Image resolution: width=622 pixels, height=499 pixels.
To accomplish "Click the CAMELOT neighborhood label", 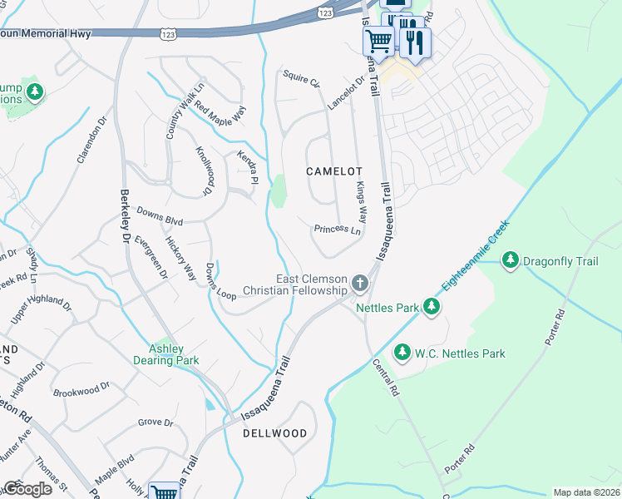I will [x=335, y=170].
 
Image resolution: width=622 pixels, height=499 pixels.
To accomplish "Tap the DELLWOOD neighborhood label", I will [x=274, y=433].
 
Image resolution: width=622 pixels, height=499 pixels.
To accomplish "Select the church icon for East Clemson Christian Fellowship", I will [x=360, y=284].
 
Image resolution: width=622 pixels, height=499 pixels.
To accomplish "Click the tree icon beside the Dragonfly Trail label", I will [x=511, y=261].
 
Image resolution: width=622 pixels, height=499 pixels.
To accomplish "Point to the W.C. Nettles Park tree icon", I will [x=402, y=353].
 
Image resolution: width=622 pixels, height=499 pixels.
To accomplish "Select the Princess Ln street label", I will [x=338, y=229].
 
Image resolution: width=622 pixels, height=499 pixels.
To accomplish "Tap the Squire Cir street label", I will [x=300, y=80].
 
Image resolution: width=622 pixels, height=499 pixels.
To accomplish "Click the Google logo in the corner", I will [x=28, y=489].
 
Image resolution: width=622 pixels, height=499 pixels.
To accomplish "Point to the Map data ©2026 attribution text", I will [x=585, y=492].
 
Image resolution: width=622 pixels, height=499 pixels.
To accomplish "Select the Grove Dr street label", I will [x=155, y=422].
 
